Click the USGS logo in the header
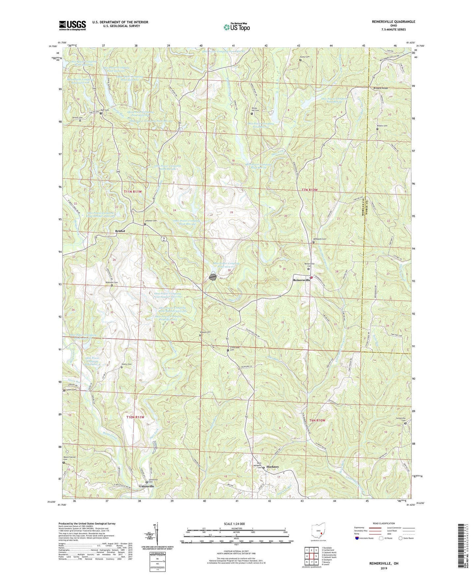coord(72,25)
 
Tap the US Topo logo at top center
coord(237,27)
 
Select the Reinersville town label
coord(301,280)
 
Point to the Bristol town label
coord(120,231)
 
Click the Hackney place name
coord(272,467)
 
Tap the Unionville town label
coord(147,486)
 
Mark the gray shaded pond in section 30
coord(213,277)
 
